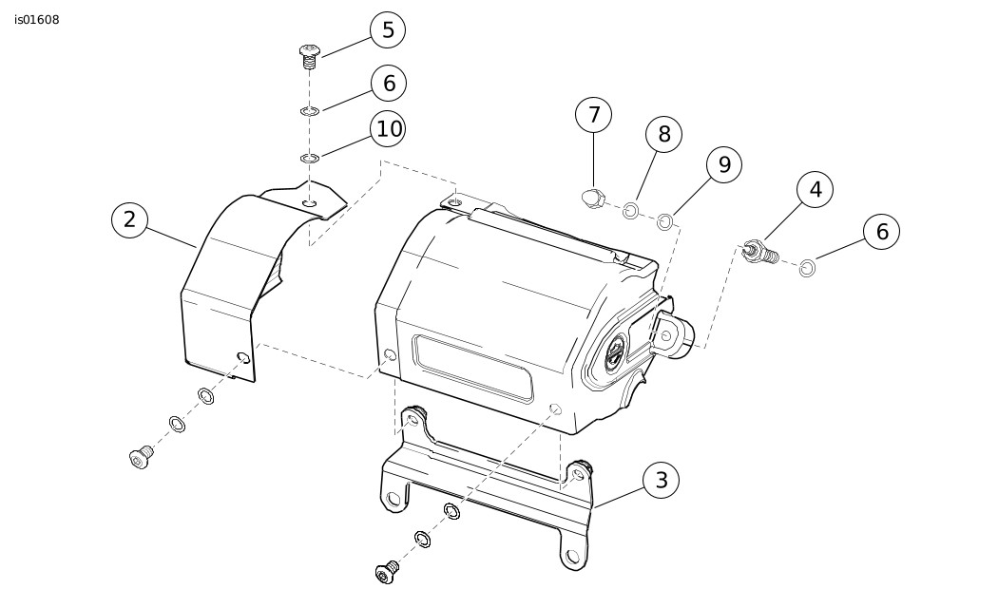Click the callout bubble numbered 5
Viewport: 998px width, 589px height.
(x=388, y=29)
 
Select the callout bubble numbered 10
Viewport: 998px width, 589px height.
(x=389, y=128)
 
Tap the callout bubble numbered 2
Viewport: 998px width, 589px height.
(x=129, y=220)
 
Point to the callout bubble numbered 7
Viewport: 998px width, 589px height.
(x=594, y=115)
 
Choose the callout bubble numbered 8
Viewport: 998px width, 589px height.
(x=664, y=134)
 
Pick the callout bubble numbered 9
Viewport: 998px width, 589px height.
(x=724, y=164)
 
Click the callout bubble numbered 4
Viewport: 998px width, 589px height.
(x=816, y=189)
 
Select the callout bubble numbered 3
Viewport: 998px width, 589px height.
(x=662, y=481)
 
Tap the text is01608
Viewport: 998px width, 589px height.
(x=37, y=20)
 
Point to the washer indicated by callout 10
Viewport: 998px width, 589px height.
(x=309, y=158)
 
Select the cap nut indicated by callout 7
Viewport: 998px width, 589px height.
(x=593, y=198)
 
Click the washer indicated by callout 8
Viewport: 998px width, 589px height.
(x=630, y=210)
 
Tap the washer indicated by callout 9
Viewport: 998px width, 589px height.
(x=665, y=221)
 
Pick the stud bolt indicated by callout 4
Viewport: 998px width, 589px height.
(x=761, y=252)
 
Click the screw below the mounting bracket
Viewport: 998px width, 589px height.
(x=387, y=572)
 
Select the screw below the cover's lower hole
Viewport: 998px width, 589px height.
(x=142, y=459)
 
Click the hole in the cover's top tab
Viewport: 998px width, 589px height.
(x=310, y=202)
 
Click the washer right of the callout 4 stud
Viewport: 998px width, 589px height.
(x=807, y=269)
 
